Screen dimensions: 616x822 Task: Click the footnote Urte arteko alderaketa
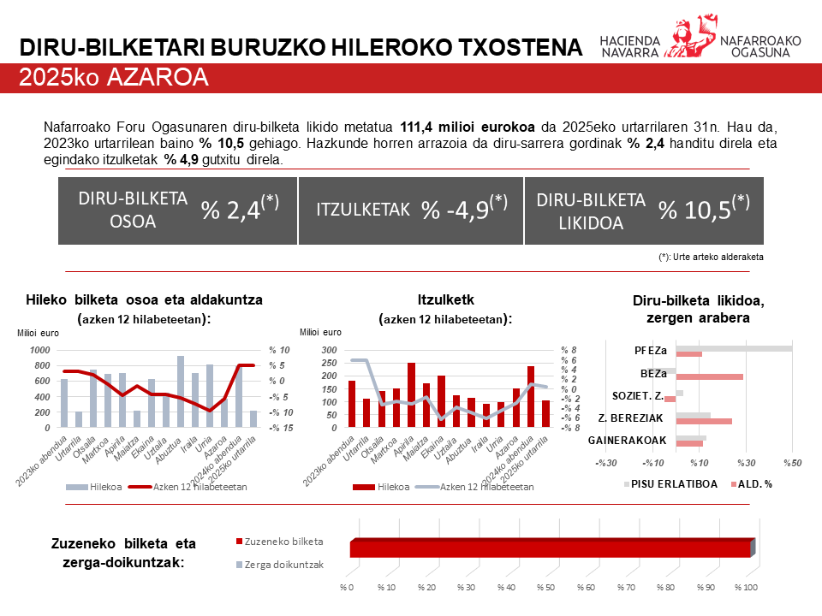(711, 257)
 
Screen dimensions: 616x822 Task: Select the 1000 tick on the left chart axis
(39, 350)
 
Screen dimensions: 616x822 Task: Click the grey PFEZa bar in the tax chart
(734, 348)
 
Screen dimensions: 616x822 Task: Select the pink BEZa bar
(709, 376)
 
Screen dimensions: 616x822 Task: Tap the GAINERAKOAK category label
(628, 440)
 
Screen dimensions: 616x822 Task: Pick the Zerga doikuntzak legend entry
(283, 565)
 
